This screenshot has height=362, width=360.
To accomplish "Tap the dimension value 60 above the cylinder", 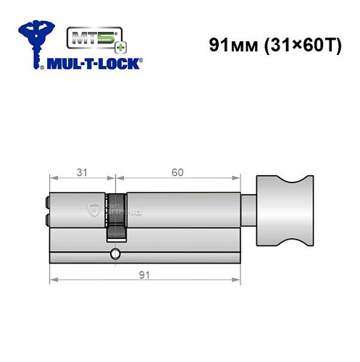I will point(177,172).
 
